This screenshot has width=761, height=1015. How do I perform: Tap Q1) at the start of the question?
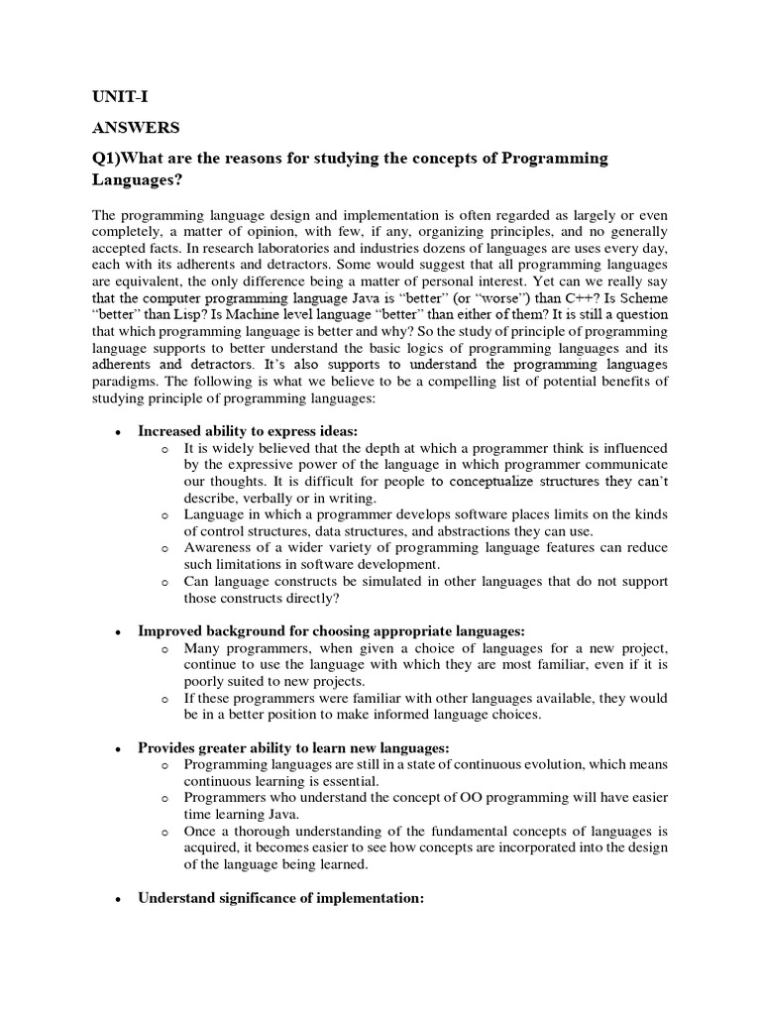click(111, 160)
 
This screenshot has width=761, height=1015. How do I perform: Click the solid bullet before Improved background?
click(118, 631)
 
